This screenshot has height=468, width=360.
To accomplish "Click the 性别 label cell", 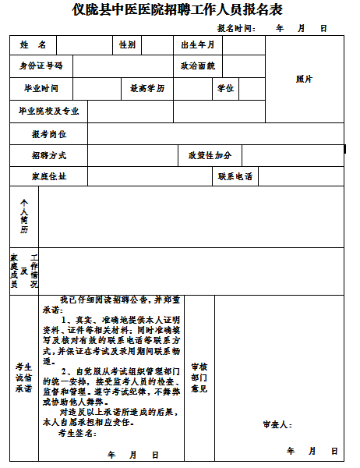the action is (x=127, y=45).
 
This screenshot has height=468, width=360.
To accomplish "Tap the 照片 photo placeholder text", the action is (x=304, y=79).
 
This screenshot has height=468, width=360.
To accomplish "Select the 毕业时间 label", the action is (x=41, y=88).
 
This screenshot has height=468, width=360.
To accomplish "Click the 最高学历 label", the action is (x=147, y=88).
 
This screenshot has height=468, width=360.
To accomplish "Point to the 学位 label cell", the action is (x=224, y=88).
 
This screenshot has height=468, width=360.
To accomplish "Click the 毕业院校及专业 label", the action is (x=49, y=111).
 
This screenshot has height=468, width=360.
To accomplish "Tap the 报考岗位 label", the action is (x=49, y=134).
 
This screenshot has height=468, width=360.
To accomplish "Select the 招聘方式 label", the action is (x=49, y=155).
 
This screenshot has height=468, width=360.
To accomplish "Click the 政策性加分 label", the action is (x=210, y=155).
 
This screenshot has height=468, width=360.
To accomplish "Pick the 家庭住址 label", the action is (x=49, y=176).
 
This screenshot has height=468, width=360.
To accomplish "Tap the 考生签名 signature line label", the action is (x=77, y=432).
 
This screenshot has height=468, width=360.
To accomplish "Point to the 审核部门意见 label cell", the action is (x=199, y=377).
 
